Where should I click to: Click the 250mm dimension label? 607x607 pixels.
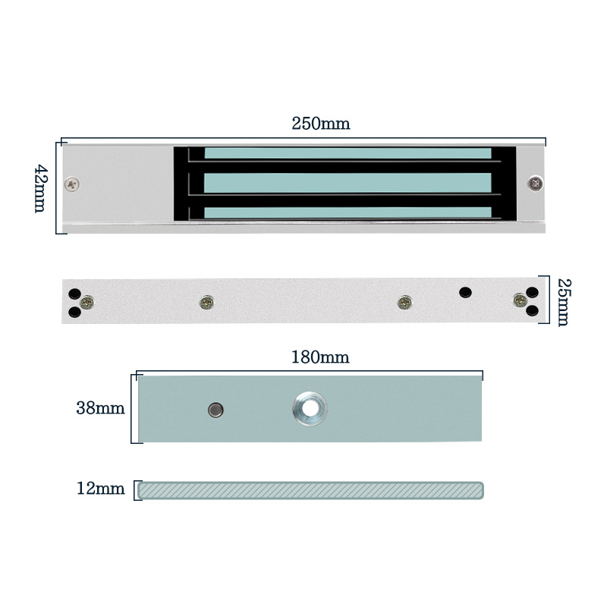321,124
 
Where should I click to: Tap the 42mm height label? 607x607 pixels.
41,188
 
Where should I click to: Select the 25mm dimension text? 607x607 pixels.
562,302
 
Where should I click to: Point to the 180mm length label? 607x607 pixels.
320,357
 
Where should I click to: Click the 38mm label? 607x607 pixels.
100,408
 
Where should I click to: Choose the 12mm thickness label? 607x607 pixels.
100,489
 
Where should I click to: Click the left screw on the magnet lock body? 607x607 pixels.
73,183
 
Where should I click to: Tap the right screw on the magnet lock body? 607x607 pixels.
536,183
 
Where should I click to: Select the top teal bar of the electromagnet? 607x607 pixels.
348,153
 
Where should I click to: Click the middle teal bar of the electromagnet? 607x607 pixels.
348,183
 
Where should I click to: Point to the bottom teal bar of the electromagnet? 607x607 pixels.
348,212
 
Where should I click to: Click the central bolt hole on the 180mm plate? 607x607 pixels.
310,408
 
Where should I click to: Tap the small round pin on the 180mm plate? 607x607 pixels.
215,410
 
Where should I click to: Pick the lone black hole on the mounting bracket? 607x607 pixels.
465,291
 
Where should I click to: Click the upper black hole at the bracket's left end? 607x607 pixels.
74,294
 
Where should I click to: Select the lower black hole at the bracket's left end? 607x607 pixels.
74,311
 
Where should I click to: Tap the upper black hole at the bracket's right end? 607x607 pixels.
531,292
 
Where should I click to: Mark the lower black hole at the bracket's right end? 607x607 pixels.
531,309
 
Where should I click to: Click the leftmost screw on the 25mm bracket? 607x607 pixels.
87,302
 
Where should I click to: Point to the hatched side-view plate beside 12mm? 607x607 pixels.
310,490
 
